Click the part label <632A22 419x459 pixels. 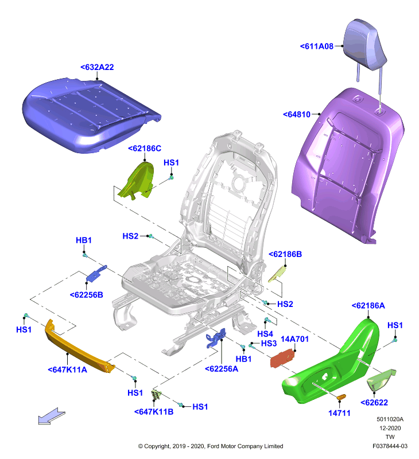[97, 67]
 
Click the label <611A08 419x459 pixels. [316, 46]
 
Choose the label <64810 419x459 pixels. [297, 114]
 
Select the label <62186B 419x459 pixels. [285, 254]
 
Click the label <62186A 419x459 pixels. [368, 306]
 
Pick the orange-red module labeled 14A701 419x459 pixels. [282, 358]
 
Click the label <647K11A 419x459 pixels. [67, 369]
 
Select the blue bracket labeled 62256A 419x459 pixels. [216, 338]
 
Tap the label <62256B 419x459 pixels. [86, 295]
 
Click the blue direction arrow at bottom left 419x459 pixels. [52, 416]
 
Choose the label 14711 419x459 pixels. [339, 413]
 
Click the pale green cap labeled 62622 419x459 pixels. [381, 380]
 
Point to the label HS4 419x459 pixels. [265, 334]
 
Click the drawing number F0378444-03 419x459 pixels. [390, 446]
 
